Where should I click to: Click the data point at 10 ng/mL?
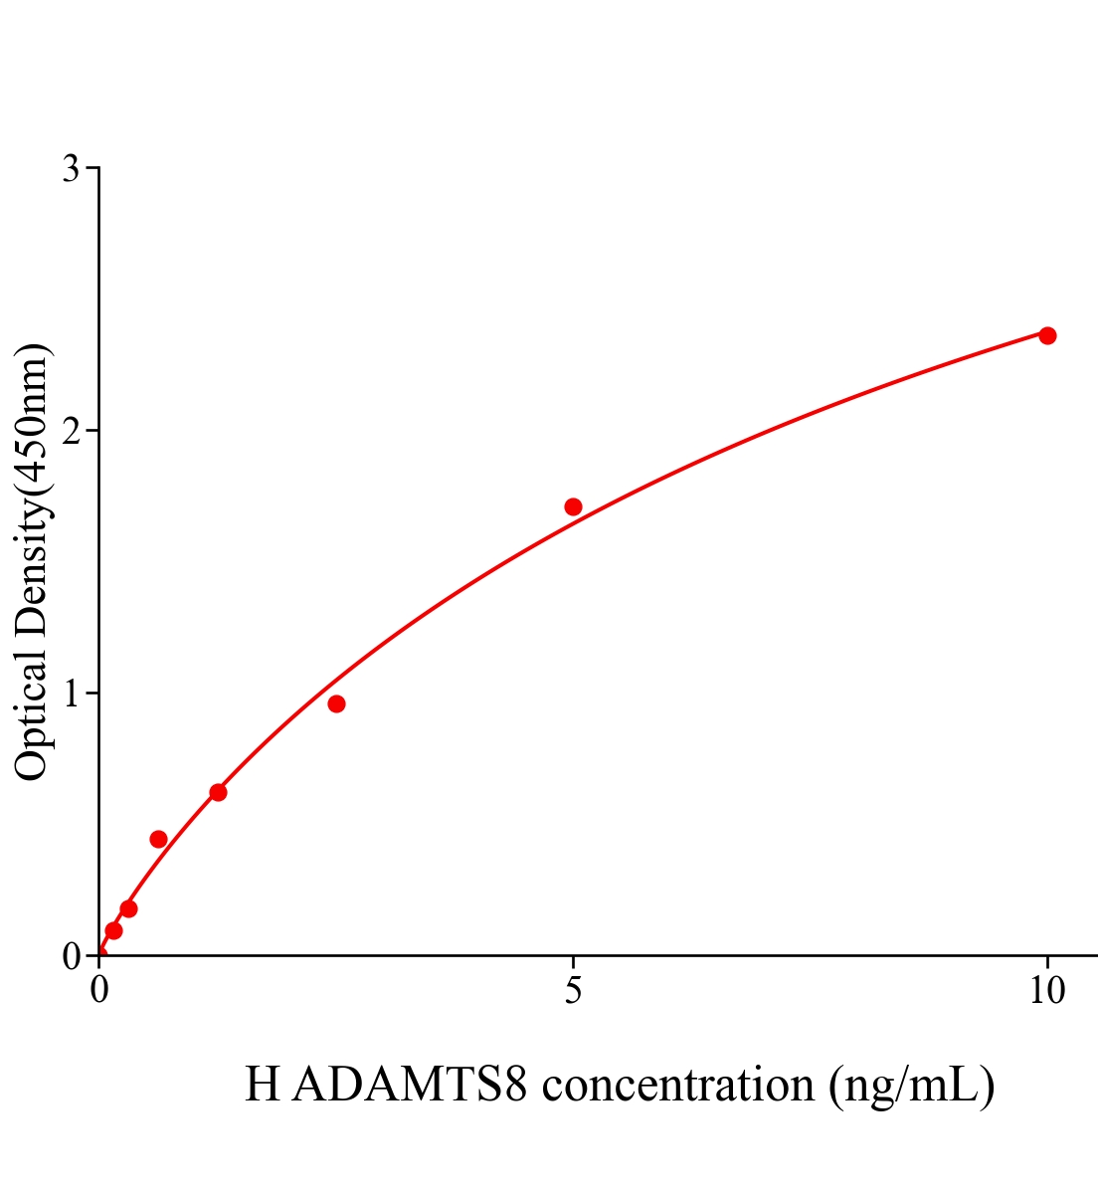click(1047, 335)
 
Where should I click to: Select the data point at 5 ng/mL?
click(573, 506)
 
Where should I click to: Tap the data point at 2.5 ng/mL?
click(336, 704)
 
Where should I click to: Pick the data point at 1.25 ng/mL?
click(218, 792)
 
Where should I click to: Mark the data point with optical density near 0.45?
click(158, 839)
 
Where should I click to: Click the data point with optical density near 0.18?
click(128, 908)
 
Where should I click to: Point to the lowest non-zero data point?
click(113, 930)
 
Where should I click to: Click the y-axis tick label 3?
click(71, 169)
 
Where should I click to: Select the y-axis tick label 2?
click(71, 431)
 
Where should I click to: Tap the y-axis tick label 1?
click(71, 694)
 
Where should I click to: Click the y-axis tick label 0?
click(71, 956)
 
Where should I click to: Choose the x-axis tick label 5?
click(573, 991)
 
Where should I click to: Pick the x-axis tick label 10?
click(1046, 991)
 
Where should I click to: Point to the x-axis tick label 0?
click(99, 991)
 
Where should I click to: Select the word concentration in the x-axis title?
click(678, 1085)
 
